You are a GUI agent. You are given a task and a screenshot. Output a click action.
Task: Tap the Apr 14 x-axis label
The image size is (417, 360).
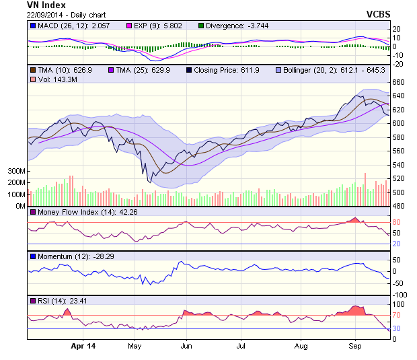(83, 347)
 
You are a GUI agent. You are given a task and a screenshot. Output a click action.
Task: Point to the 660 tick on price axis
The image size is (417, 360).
(397, 82)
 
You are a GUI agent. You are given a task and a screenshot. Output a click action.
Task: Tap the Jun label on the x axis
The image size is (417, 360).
(187, 347)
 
